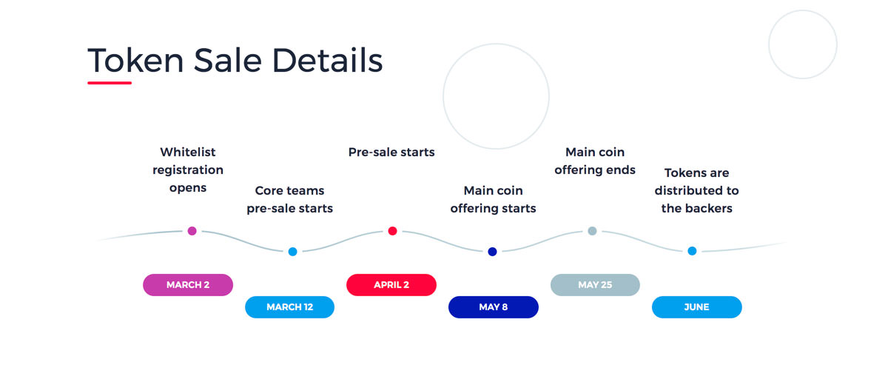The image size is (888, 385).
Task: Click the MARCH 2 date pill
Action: pos(188,285)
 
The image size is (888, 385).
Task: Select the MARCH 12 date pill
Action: pos(290,307)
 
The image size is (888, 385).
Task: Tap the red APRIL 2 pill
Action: pos(391,285)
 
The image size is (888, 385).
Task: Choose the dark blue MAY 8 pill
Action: pos(494,307)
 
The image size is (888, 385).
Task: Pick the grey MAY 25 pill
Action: pos(595,285)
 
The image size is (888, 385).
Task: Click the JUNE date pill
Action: pos(697,307)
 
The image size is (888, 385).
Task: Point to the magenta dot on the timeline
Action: pos(192,231)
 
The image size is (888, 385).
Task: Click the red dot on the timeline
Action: pos(392,231)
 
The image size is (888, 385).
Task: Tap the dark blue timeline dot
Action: pos(492,252)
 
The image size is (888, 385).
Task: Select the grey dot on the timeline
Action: pos(592,231)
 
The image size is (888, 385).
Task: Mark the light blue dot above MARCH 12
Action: pos(292,252)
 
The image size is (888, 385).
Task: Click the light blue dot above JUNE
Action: pos(692,250)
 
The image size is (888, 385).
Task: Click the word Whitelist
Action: pos(188,152)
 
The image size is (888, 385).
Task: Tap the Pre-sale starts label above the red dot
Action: pos(391,152)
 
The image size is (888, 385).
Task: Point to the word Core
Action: pos(269,190)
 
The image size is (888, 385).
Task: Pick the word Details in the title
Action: pos(327,60)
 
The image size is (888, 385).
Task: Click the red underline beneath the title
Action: pos(110,83)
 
